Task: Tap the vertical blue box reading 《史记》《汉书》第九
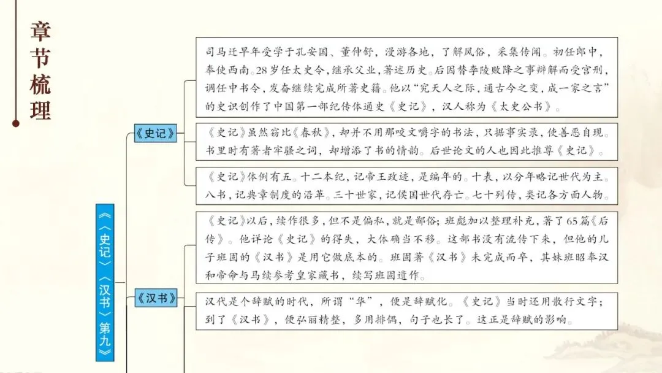click(x=105, y=282)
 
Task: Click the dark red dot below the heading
click(x=16, y=123)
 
